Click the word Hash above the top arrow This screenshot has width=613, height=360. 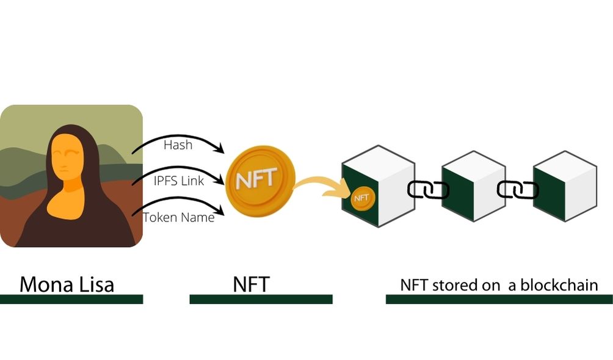(x=178, y=145)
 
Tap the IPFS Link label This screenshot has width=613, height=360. (x=178, y=180)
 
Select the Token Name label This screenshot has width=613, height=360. (x=178, y=217)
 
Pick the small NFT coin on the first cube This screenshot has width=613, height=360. (x=361, y=198)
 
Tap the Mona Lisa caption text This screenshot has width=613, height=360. (x=67, y=284)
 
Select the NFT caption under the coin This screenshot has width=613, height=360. (x=251, y=284)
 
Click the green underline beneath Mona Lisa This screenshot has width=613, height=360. (x=71, y=299)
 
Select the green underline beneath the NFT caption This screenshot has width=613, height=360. (x=261, y=299)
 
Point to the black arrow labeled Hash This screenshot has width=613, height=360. (x=183, y=137)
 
